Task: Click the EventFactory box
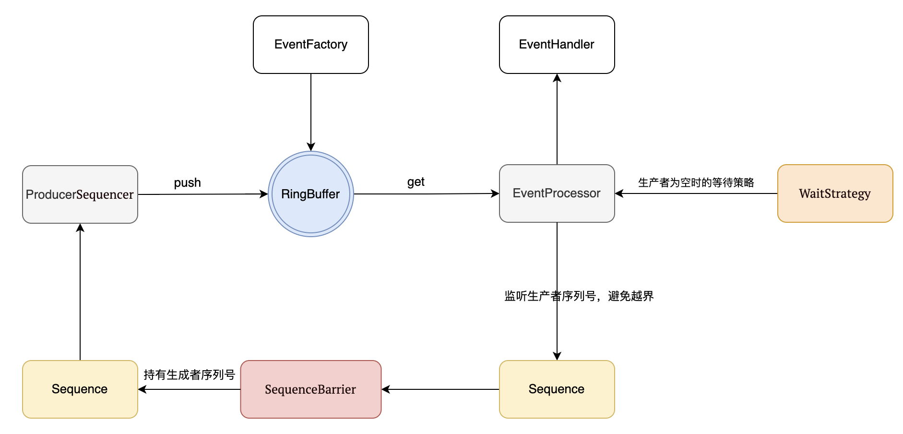coord(310,45)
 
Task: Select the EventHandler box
coord(557,45)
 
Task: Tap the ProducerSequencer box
coord(80,194)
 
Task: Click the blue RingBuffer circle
coord(310,194)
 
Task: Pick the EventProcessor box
coord(557,193)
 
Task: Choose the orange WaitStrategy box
coord(835,193)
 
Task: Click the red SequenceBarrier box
coord(310,389)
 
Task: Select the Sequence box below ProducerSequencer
coord(80,389)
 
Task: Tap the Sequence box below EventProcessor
coord(557,389)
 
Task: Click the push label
coord(187,183)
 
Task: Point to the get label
coord(416,182)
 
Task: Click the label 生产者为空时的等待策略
coord(696,182)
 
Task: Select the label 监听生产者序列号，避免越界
coord(579,296)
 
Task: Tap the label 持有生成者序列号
coord(189,375)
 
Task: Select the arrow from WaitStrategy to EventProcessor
coord(696,193)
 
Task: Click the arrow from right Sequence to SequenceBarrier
coord(440,389)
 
